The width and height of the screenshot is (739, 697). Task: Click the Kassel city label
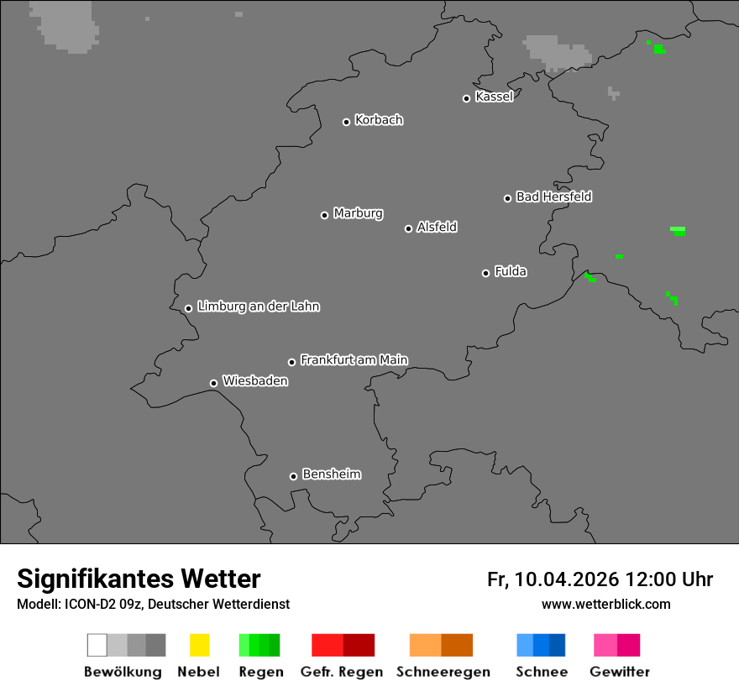[494, 97]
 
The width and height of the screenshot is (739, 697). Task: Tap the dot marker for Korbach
[346, 122]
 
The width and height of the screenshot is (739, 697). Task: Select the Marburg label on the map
[358, 213]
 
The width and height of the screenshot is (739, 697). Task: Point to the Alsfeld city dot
[408, 228]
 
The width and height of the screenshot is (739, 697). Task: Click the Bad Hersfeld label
[553, 197]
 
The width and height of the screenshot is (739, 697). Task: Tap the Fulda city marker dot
[485, 273]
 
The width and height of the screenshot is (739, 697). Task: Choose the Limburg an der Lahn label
[258, 307]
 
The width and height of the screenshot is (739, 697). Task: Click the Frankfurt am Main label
[354, 360]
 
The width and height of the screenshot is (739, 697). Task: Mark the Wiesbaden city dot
[213, 383]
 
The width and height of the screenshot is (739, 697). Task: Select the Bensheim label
[331, 474]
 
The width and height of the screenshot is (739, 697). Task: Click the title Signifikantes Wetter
[139, 579]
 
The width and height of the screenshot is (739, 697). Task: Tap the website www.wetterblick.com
[605, 605]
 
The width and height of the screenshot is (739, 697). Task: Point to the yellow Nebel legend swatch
[199, 645]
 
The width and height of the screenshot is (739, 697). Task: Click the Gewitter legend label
[620, 672]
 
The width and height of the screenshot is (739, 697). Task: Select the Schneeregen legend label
[443, 672]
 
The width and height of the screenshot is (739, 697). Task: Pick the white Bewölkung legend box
[97, 645]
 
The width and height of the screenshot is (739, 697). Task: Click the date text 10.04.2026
[567, 579]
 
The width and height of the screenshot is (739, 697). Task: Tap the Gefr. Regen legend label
[342, 672]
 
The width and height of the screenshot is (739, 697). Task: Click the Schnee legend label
[541, 672]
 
